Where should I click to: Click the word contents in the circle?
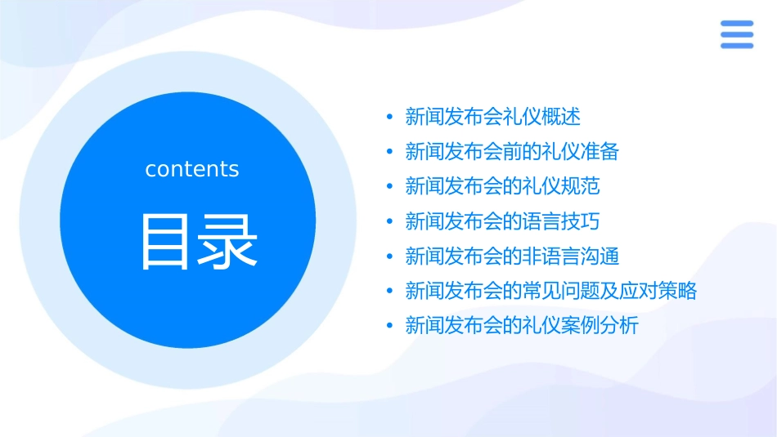click(192, 169)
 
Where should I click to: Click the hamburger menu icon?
click(736, 34)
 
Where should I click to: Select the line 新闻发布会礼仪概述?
click(493, 117)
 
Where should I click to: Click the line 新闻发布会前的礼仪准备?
click(512, 152)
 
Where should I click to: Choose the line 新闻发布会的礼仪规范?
click(502, 186)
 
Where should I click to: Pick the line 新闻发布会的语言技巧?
click(502, 221)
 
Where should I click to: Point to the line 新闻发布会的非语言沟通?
click(512, 256)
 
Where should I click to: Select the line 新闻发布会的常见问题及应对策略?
click(551, 291)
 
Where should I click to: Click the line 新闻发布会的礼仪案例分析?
click(522, 326)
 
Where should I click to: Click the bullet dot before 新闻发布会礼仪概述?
click(389, 117)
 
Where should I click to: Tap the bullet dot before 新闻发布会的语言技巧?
click(389, 221)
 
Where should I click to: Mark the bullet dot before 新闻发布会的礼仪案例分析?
click(389, 326)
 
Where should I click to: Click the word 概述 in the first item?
click(561, 117)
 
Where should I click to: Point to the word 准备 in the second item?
click(600, 152)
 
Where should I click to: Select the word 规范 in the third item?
click(581, 186)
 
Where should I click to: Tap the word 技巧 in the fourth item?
click(581, 221)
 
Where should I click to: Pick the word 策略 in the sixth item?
click(678, 291)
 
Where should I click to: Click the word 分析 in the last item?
click(620, 326)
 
